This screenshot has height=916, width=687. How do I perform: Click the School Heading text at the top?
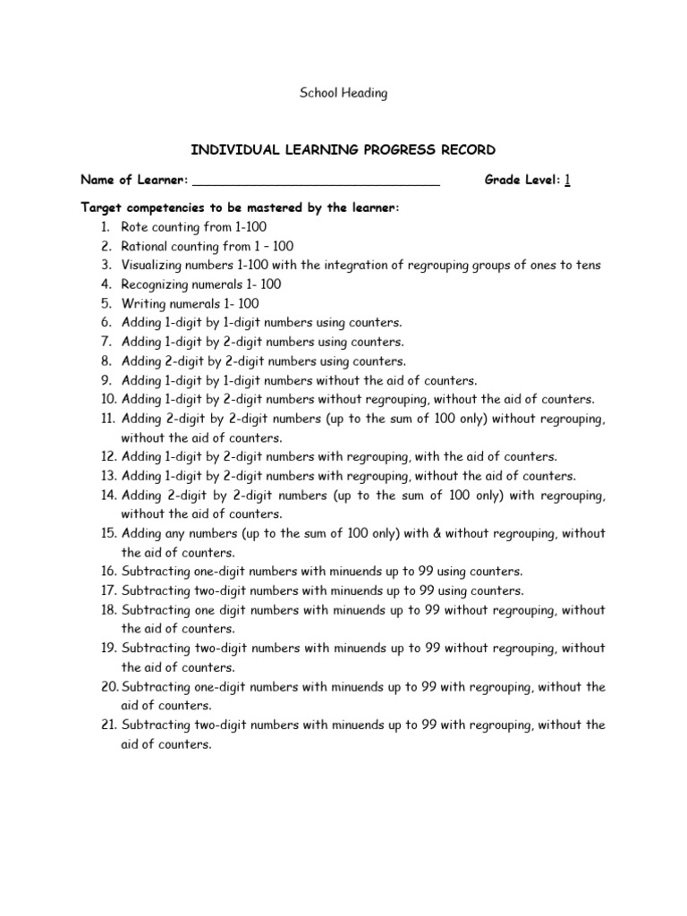pyautogui.click(x=343, y=93)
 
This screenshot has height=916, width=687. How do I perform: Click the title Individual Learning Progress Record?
pyautogui.click(x=343, y=148)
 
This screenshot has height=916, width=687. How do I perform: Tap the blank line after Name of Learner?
pyautogui.click(x=316, y=182)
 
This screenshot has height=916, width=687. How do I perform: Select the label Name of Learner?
pyautogui.click(x=134, y=181)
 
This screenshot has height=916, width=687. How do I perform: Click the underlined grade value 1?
pyautogui.click(x=567, y=181)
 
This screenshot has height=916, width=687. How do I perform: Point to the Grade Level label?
pyautogui.click(x=522, y=181)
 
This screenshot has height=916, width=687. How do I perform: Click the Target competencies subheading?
pyautogui.click(x=240, y=208)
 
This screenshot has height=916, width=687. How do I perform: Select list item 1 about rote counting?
pyautogui.click(x=193, y=227)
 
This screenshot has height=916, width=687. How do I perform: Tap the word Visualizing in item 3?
pyautogui.click(x=153, y=266)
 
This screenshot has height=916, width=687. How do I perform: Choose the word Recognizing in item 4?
pyautogui.click(x=155, y=284)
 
